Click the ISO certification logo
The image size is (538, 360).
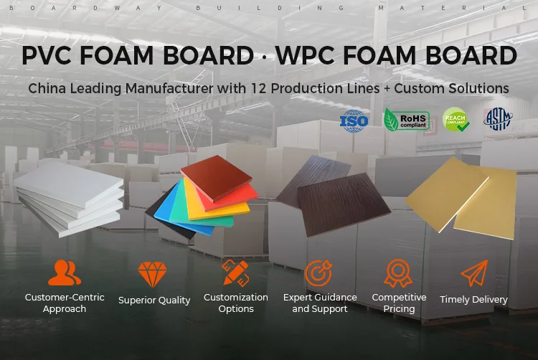[354, 120]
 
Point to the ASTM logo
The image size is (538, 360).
[498, 119]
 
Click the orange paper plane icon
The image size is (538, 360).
[473, 273]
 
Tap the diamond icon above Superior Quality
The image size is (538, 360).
[152, 275]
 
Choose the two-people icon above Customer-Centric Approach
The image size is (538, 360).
[65, 273]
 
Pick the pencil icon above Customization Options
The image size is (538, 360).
[235, 273]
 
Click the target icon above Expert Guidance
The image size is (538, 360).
[318, 273]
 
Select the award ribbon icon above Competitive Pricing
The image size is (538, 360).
[398, 273]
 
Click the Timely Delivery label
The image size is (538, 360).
[473, 300]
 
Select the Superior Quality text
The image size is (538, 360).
[154, 300]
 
